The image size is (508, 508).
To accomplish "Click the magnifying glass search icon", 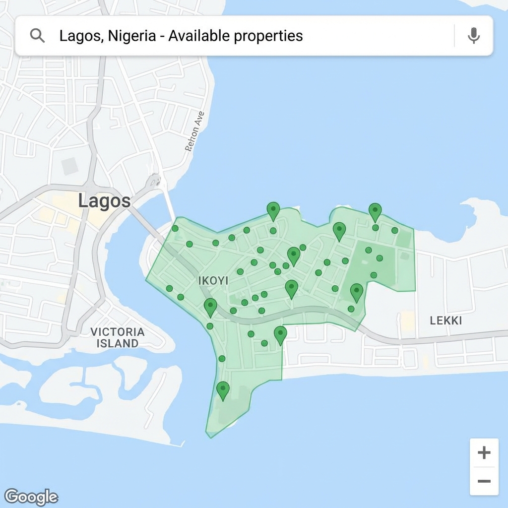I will pos(37,36).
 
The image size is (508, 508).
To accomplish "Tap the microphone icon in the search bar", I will pos(474,36).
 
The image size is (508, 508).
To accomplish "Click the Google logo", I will pos(31,497).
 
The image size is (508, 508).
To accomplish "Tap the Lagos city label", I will pos(105,201).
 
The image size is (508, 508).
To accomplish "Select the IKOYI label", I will pos(213,281).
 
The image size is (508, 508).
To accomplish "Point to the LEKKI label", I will pos(445,320).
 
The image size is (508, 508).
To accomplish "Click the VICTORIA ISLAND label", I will pos(118,337).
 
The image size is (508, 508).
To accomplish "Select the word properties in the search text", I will pos(268,36).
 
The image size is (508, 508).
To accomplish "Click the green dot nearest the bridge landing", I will pos(175,229).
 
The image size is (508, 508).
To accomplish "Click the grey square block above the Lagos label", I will pos(70,166).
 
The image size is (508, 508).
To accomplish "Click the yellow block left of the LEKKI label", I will pos(408,320).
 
